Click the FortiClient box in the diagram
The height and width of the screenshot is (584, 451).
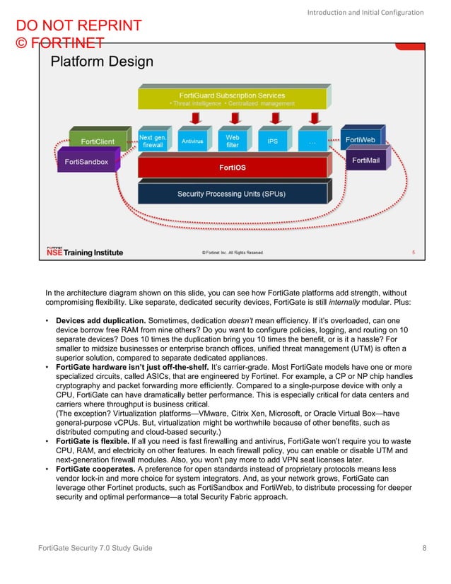(x=99, y=141)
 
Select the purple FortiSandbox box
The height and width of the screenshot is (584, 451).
(x=86, y=162)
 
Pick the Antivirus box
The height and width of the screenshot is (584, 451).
(x=192, y=141)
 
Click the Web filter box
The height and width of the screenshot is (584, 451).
(x=232, y=141)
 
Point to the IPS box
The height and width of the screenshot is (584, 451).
(x=272, y=141)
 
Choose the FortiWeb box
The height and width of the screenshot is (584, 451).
(x=360, y=139)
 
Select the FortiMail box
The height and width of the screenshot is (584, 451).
(x=366, y=160)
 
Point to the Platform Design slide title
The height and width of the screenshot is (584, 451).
(x=102, y=62)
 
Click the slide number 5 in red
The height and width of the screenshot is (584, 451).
(x=413, y=252)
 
